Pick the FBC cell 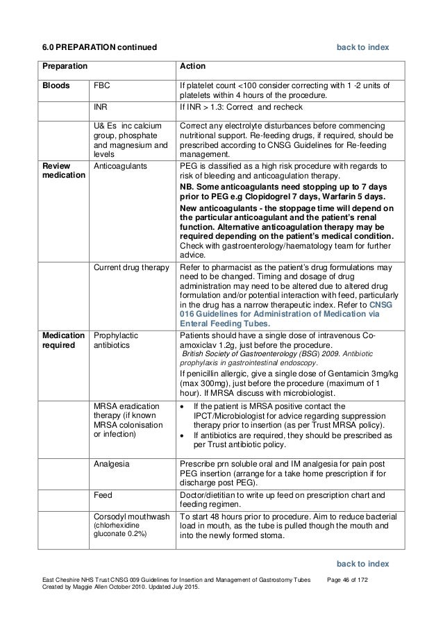[x=102, y=86]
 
